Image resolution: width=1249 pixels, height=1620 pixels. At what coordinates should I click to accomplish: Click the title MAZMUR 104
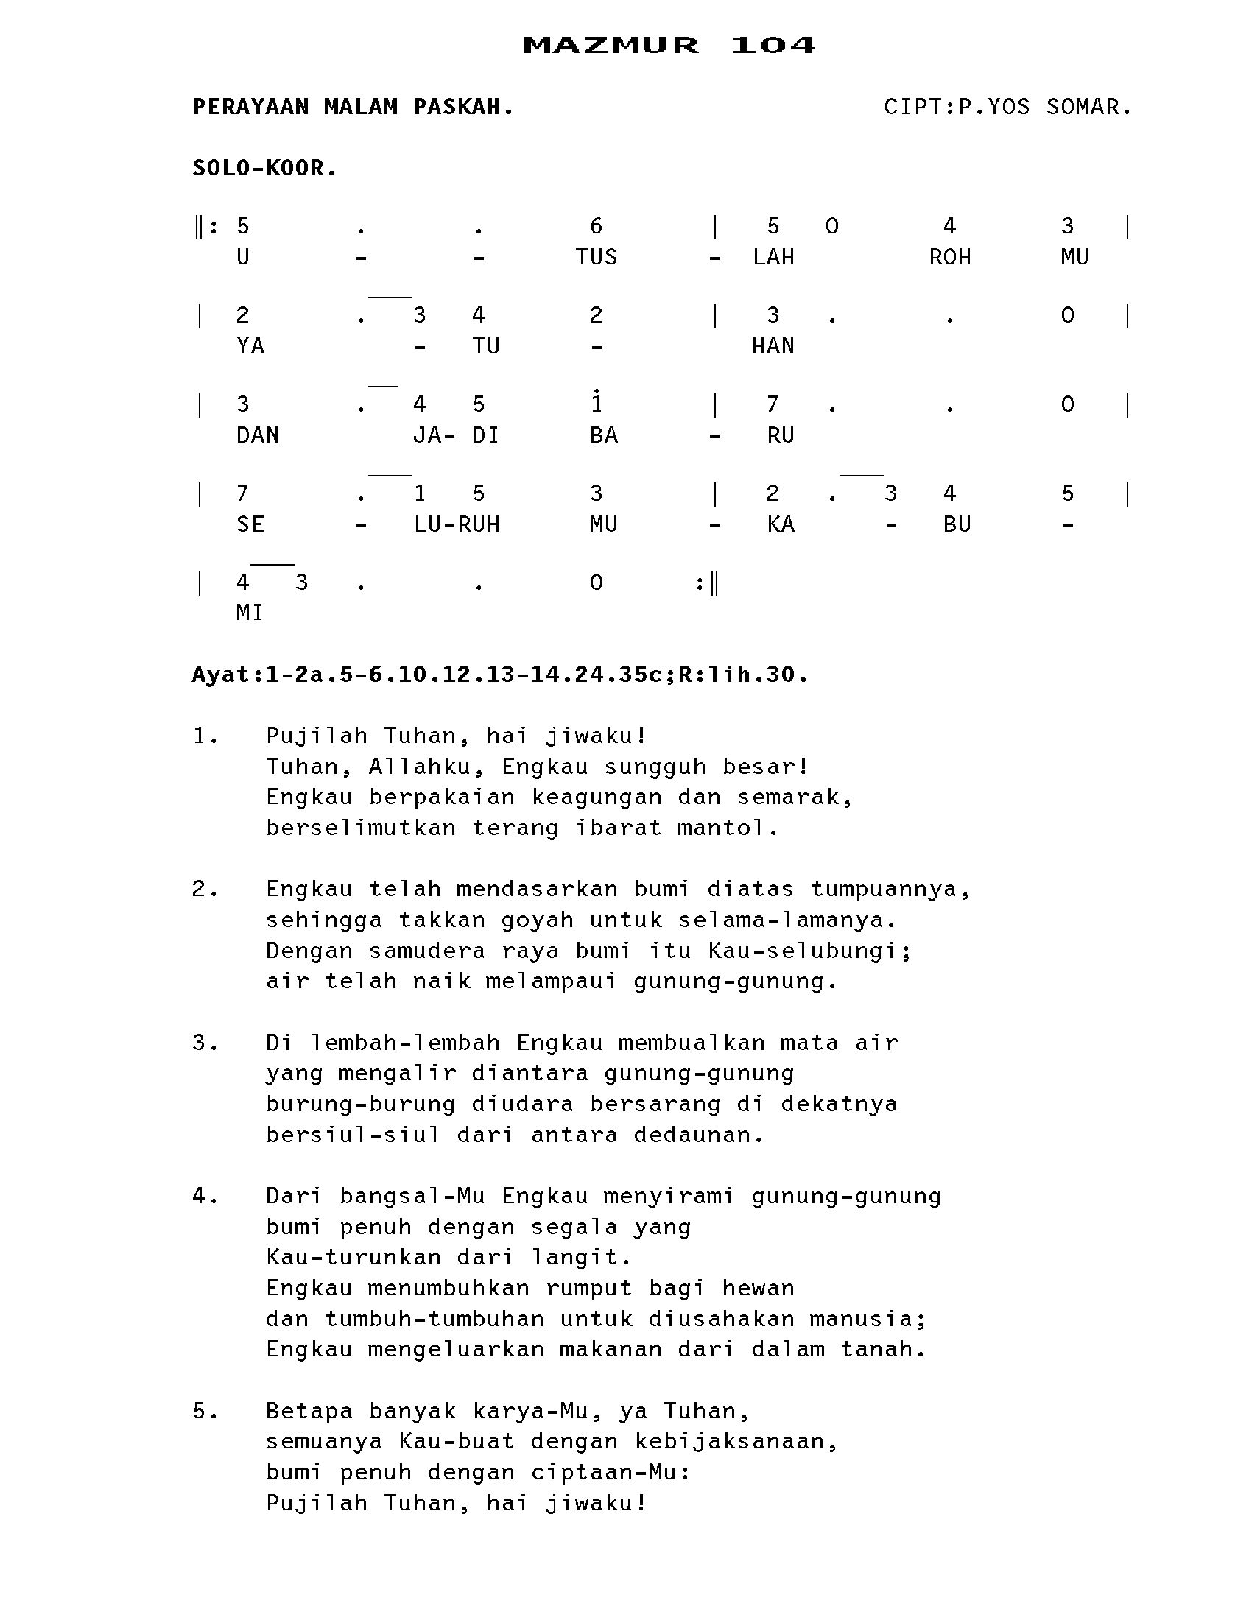[x=668, y=45]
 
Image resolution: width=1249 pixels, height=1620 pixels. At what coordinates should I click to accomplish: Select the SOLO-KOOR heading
[x=264, y=169]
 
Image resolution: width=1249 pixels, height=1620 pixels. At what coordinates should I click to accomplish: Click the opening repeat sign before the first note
[x=206, y=226]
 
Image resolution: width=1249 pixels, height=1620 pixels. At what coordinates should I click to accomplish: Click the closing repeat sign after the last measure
[x=707, y=583]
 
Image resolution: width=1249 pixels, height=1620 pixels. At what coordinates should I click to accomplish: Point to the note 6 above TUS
[x=596, y=225]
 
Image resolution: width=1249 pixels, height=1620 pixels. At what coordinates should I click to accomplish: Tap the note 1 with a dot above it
[x=597, y=402]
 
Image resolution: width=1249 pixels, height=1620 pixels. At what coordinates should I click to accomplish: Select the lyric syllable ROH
[x=950, y=258]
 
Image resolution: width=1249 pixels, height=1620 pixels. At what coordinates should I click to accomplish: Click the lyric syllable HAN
[x=773, y=346]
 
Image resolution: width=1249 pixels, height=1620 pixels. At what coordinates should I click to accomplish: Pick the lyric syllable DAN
[x=257, y=435]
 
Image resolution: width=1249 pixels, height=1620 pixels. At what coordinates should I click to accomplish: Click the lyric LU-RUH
[x=456, y=525]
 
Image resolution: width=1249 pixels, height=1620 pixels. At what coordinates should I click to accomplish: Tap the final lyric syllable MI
[x=249, y=613]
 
